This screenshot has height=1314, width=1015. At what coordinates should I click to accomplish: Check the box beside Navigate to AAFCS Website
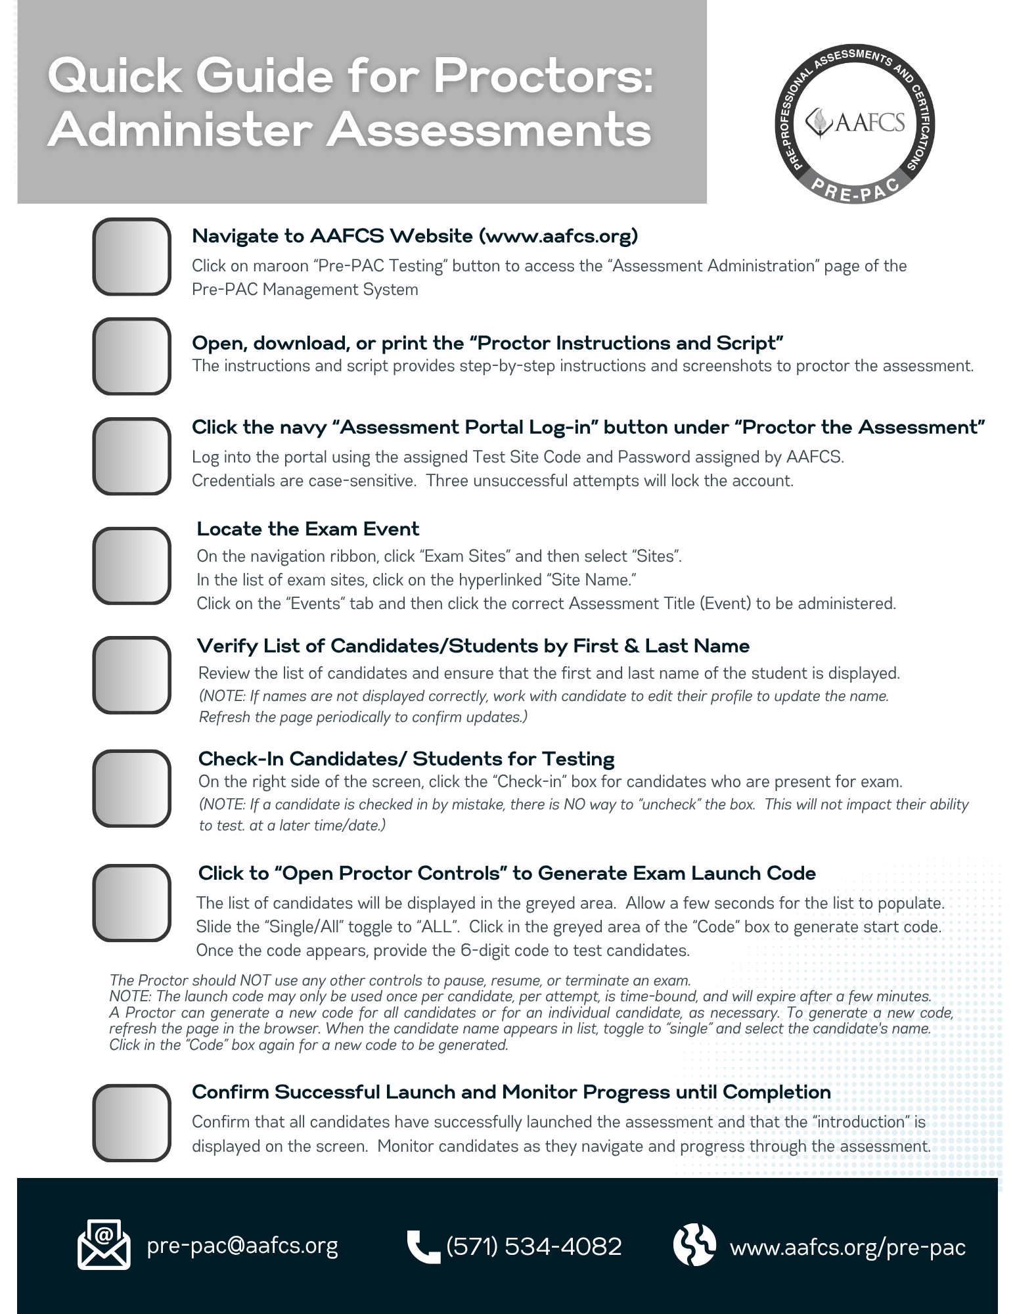(131, 257)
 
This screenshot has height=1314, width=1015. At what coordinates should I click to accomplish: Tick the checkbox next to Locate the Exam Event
(131, 566)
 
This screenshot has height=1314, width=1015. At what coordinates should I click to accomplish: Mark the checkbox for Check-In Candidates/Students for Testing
(131, 788)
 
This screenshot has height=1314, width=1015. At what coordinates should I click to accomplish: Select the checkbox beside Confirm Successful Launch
(131, 1123)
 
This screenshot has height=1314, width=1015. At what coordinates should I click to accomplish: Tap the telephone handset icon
(422, 1246)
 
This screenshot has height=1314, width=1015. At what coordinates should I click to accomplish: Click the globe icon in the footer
(694, 1244)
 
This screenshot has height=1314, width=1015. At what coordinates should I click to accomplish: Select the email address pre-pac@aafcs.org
(242, 1246)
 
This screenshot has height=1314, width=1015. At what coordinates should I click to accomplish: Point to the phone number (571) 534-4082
(533, 1246)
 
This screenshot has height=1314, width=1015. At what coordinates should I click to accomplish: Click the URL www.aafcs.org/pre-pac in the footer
(847, 1246)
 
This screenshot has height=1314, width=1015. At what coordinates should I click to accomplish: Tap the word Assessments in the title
(489, 130)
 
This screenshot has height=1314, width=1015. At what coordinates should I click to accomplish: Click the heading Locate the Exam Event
(307, 529)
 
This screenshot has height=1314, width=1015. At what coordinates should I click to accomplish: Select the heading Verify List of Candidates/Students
(473, 646)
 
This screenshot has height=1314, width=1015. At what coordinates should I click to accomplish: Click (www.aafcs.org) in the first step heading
(558, 236)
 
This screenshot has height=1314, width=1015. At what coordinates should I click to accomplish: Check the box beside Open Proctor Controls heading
(131, 903)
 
